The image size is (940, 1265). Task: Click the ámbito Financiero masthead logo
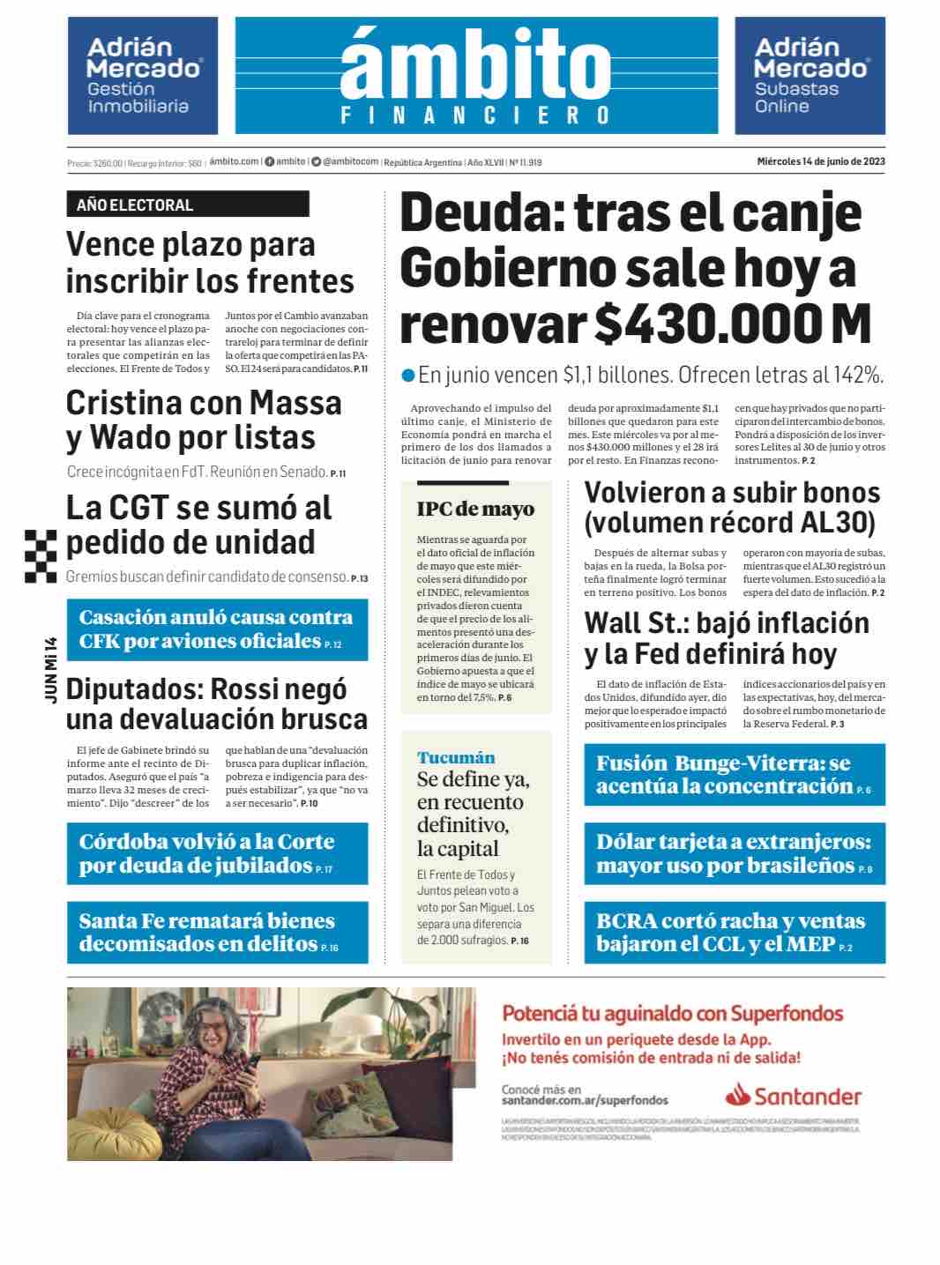pyautogui.click(x=476, y=76)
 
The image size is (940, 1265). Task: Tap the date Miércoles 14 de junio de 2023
pyautogui.click(x=820, y=161)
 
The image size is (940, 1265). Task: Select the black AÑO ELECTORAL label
pyautogui.click(x=187, y=205)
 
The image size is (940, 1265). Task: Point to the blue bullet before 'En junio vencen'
pyautogui.click(x=407, y=376)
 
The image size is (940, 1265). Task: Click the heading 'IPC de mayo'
pyautogui.click(x=475, y=509)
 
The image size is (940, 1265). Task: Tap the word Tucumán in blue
pyautogui.click(x=456, y=757)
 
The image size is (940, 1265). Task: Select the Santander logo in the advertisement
pyautogui.click(x=793, y=1096)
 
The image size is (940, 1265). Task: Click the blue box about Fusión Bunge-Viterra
pyautogui.click(x=734, y=775)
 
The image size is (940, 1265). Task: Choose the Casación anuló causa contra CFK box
pyautogui.click(x=217, y=629)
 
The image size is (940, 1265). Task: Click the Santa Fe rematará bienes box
pyautogui.click(x=217, y=933)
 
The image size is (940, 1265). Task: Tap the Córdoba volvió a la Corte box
pyautogui.click(x=217, y=853)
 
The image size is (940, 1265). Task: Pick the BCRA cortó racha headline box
pyautogui.click(x=734, y=933)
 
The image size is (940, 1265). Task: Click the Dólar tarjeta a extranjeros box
pyautogui.click(x=734, y=853)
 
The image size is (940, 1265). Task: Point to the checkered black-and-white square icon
pyautogui.click(x=41, y=556)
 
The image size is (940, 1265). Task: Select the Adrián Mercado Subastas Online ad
pyautogui.click(x=809, y=76)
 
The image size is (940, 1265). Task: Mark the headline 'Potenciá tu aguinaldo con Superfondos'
pyautogui.click(x=672, y=1013)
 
